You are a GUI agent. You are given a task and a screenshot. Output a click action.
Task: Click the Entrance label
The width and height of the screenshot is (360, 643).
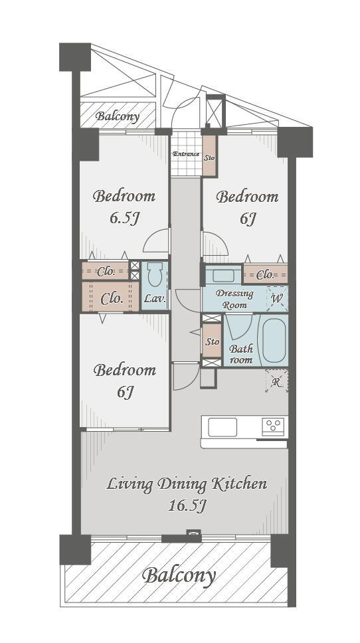pyautogui.click(x=185, y=154)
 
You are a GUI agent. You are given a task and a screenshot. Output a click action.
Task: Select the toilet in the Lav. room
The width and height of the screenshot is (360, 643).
pyautogui.click(x=155, y=274)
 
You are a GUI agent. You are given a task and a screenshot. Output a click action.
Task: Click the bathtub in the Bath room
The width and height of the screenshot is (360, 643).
pyautogui.click(x=274, y=340)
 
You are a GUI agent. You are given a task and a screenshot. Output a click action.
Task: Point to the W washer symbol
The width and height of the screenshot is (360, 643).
pyautogui.click(x=277, y=298)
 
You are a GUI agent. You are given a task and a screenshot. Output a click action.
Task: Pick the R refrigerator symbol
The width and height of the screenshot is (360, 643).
pyautogui.click(x=277, y=381)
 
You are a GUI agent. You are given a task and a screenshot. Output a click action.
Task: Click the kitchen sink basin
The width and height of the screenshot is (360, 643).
pyautogui.click(x=223, y=427)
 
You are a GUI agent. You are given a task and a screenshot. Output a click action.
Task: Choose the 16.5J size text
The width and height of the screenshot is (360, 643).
pyautogui.click(x=187, y=505)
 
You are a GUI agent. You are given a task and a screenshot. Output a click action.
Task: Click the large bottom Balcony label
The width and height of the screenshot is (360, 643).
pyautogui.click(x=179, y=576)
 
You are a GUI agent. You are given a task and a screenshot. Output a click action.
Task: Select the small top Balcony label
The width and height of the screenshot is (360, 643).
pyautogui.click(x=118, y=116)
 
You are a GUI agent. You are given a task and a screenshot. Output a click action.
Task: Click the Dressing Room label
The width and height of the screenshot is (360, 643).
pyautogui.click(x=234, y=299)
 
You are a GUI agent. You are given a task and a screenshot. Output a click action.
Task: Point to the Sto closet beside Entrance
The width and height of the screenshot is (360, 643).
pyautogui.click(x=209, y=156)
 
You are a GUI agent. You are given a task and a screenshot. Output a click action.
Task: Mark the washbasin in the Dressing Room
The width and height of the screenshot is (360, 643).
pyautogui.click(x=223, y=274)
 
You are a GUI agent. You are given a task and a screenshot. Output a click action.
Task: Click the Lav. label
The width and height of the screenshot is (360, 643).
pyautogui.click(x=155, y=298)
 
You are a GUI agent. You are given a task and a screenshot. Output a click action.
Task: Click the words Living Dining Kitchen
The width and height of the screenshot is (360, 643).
pyautogui.click(x=187, y=484)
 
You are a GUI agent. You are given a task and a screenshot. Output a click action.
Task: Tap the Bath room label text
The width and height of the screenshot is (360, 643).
pyautogui.click(x=241, y=354)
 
